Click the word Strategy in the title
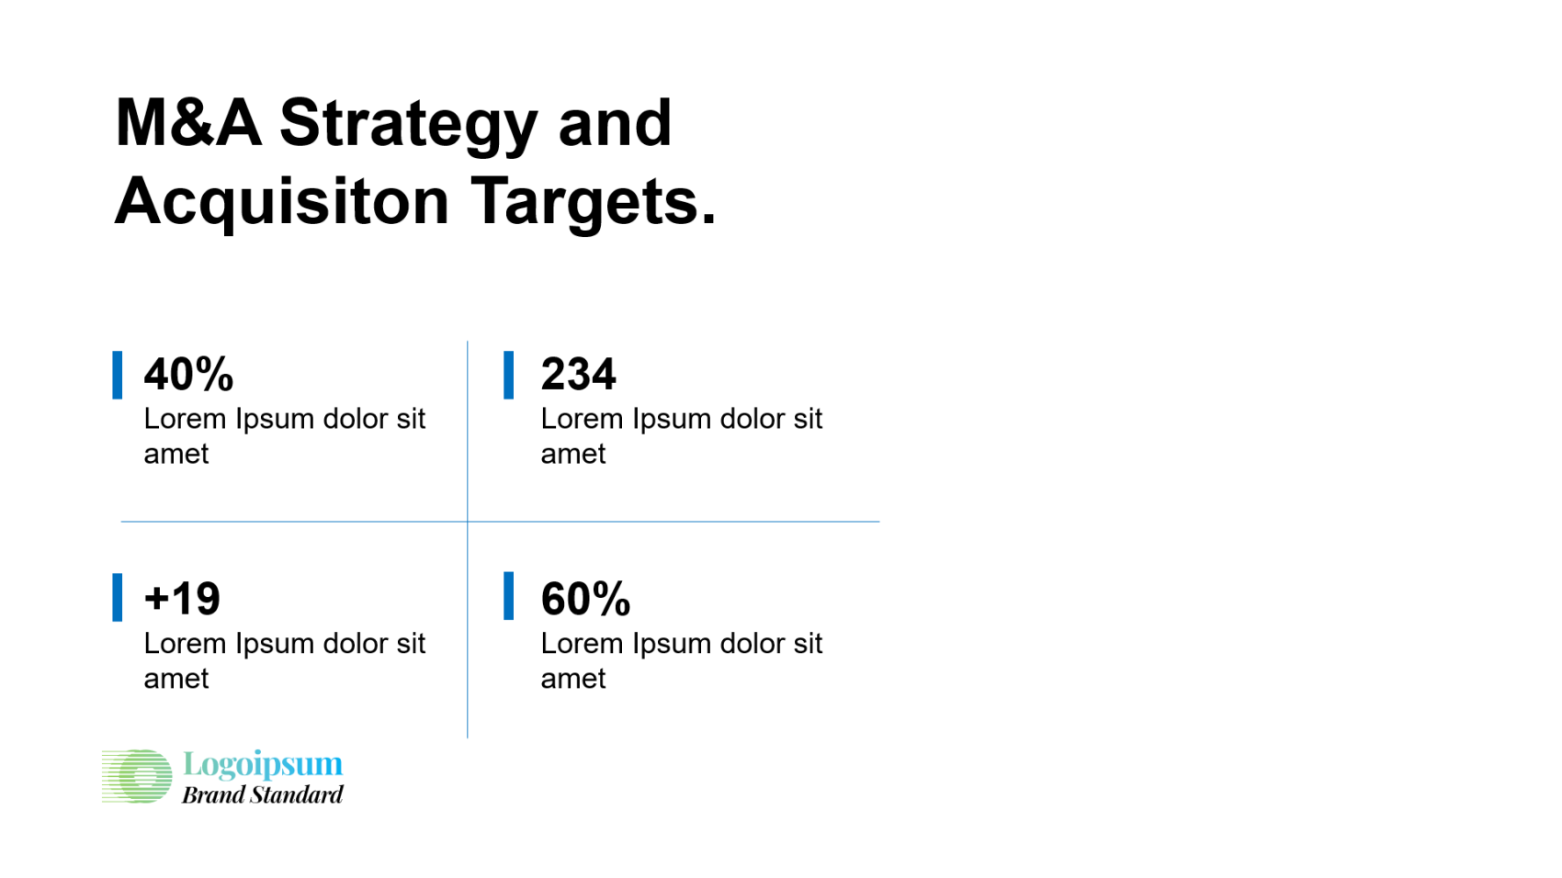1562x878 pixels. coord(409,127)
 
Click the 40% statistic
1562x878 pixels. coord(188,374)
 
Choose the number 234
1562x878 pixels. coord(578,374)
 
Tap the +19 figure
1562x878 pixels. coord(182,599)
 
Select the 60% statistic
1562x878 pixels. coord(585,599)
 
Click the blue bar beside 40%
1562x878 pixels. coord(118,375)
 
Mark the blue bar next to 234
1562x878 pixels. coord(508,375)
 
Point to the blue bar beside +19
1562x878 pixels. coord(118,597)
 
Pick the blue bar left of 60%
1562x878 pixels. coord(508,596)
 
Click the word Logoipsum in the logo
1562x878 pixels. coord(263,765)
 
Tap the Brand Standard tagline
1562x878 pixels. coord(262,794)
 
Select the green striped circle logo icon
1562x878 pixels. coord(137,776)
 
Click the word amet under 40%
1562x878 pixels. coord(175,455)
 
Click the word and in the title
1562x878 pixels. coord(615,123)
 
